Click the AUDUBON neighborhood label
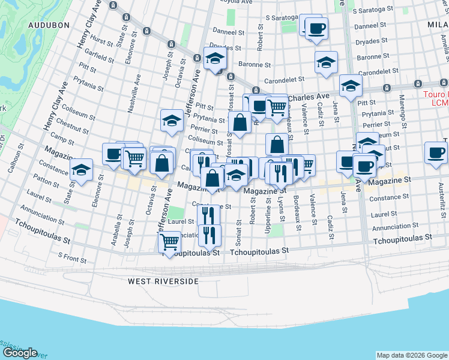tap(49, 25)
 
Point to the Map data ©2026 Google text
tap(411, 355)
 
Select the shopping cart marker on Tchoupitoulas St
tap(170, 242)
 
